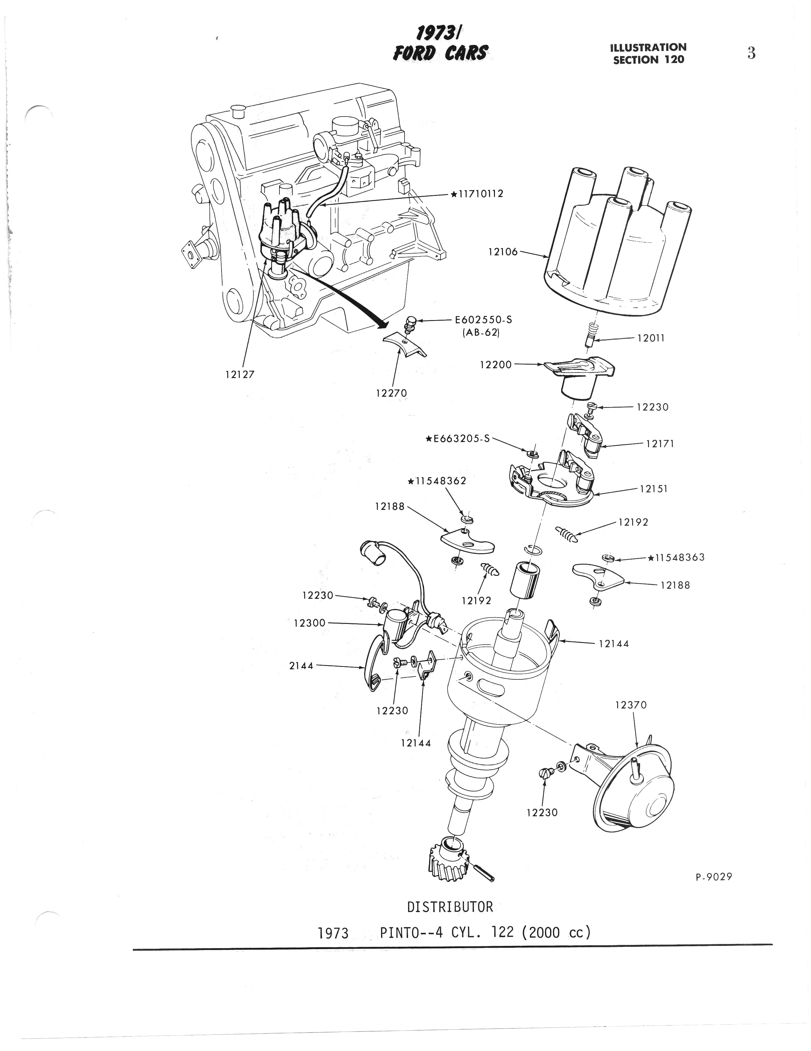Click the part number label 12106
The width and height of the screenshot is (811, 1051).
pyautogui.click(x=503, y=251)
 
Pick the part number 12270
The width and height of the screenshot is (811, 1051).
pyautogui.click(x=391, y=393)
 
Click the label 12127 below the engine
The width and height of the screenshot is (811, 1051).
pyautogui.click(x=240, y=375)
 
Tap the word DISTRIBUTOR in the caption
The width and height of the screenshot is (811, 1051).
pyautogui.click(x=450, y=907)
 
